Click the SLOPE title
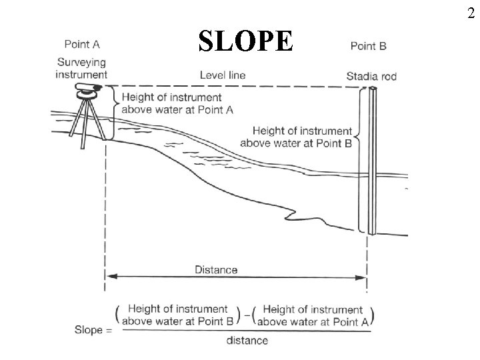pos(245,41)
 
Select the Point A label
pos(82,45)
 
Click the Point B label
pos(367,46)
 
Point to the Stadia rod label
pos(371,76)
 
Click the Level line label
pos(223,75)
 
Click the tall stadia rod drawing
pos(369,160)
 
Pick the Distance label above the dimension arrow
pos(216,269)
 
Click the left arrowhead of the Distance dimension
pos(111,276)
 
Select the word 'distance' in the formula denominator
pos(246,341)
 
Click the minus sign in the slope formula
pos(247,315)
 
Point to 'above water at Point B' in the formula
pos(177,321)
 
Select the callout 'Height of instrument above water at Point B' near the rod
pos(297,137)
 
